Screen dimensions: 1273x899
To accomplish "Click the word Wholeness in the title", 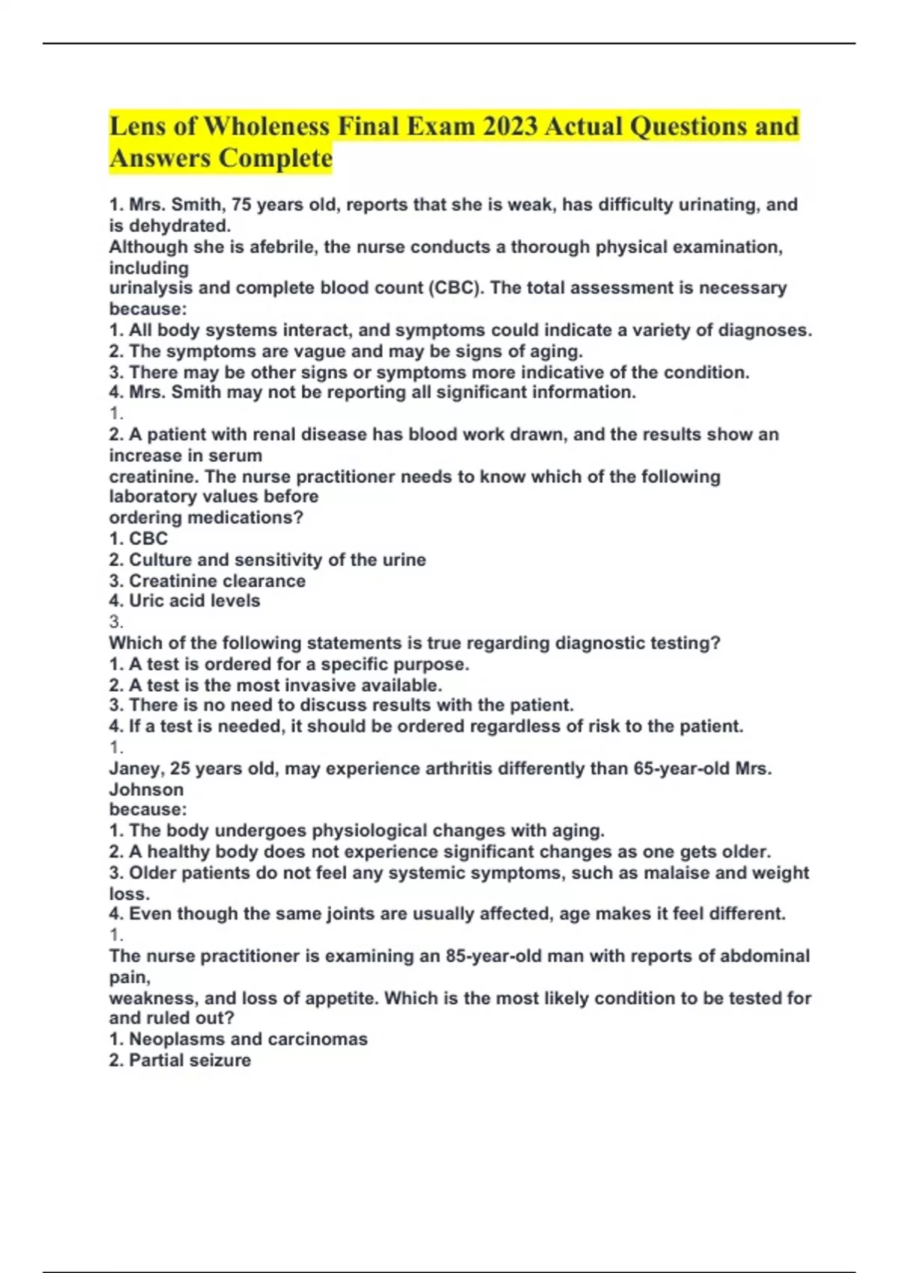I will [266, 126].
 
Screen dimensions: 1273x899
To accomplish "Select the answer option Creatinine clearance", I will [217, 580].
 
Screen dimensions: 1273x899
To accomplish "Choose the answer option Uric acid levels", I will [194, 601].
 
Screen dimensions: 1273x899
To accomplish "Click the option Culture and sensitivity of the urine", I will [277, 559].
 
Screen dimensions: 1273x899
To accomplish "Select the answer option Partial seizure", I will [190, 1060].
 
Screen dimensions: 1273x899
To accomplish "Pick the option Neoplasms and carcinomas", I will [248, 1039].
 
